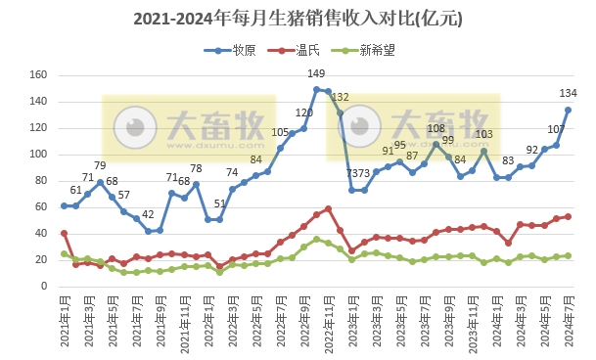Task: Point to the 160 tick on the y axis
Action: pyautogui.click(x=39, y=75)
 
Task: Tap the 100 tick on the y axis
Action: pyautogui.click(x=39, y=155)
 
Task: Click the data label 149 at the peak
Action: pyautogui.click(x=316, y=73)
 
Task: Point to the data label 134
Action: pyautogui.click(x=568, y=93)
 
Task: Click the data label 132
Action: pyautogui.click(x=340, y=97)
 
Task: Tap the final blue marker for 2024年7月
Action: pyautogui.click(x=568, y=110)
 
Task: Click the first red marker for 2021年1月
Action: pyautogui.click(x=64, y=234)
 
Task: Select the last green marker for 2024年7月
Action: pyautogui.click(x=568, y=255)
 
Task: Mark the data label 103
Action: pyautogui.click(x=483, y=134)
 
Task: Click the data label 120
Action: pyautogui.click(x=303, y=113)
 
